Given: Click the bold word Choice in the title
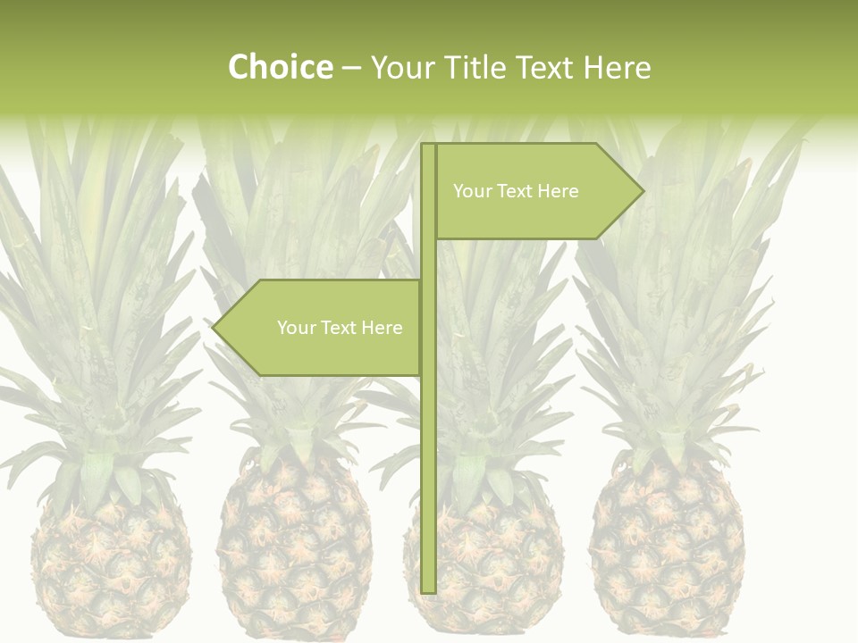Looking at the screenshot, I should click(x=280, y=67).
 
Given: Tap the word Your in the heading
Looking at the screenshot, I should click(x=404, y=67).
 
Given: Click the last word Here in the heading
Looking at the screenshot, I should click(x=618, y=67).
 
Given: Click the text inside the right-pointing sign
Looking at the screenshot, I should click(x=516, y=191).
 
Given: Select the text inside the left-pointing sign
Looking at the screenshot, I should click(x=340, y=328).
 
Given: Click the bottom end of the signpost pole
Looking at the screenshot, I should click(x=428, y=589).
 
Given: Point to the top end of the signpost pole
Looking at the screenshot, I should click(x=428, y=146).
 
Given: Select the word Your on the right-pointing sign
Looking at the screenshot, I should click(x=472, y=191).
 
